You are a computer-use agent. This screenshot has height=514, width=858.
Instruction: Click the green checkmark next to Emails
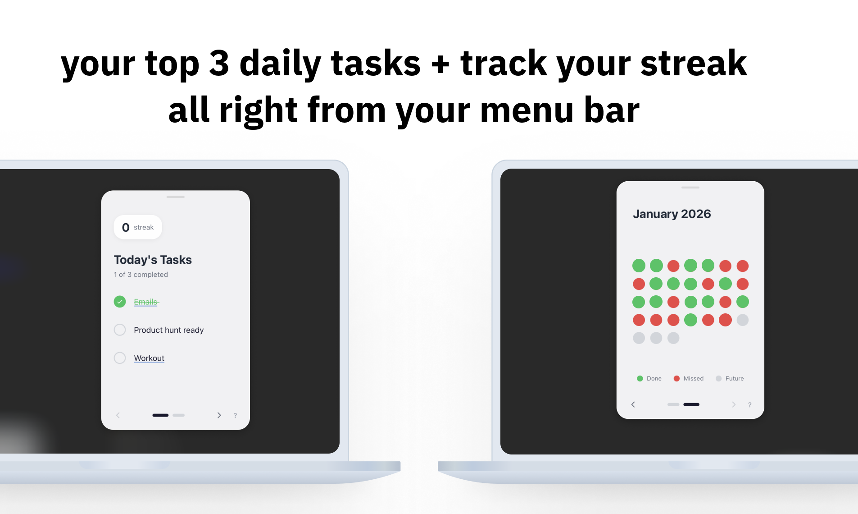pyautogui.click(x=120, y=302)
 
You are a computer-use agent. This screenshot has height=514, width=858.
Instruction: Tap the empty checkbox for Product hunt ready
pyautogui.click(x=120, y=330)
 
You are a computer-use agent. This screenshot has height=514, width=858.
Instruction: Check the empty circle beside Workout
pyautogui.click(x=120, y=358)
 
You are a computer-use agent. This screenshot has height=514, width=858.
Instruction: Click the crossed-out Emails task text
pyautogui.click(x=146, y=302)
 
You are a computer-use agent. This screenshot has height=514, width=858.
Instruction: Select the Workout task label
pyautogui.click(x=149, y=358)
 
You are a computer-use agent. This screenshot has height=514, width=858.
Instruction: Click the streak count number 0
pyautogui.click(x=126, y=228)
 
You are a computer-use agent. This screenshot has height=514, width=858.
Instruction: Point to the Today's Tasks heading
pyautogui.click(x=153, y=260)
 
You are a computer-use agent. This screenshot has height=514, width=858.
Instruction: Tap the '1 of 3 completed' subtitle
pyautogui.click(x=141, y=275)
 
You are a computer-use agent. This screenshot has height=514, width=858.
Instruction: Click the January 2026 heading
pyautogui.click(x=672, y=214)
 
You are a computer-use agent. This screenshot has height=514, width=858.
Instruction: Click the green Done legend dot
pyautogui.click(x=640, y=379)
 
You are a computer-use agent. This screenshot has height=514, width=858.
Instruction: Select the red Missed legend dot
pyautogui.click(x=676, y=379)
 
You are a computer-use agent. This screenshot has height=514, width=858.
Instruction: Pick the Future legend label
pyautogui.click(x=735, y=379)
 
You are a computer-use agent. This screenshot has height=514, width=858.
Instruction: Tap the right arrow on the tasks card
pyautogui.click(x=219, y=415)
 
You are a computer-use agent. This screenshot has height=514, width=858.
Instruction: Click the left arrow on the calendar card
pyautogui.click(x=633, y=404)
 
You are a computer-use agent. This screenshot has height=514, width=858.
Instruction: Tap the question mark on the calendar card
pyautogui.click(x=749, y=405)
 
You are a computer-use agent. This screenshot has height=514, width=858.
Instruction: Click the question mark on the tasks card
pyautogui.click(x=235, y=416)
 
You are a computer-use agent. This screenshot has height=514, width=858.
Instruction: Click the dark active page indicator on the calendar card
pyautogui.click(x=691, y=404)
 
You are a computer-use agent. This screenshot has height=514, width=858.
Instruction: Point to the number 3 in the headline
pyautogui.click(x=219, y=63)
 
